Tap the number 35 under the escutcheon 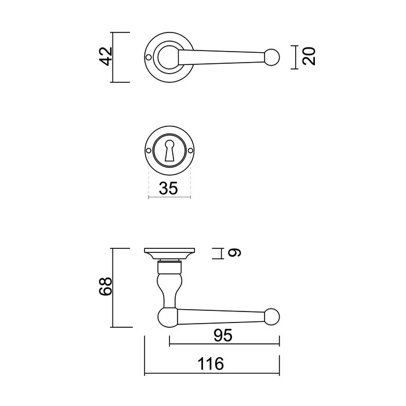[x=169, y=188]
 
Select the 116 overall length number [x=211, y=364]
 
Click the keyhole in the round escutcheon [x=169, y=151]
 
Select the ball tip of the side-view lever [x=273, y=317]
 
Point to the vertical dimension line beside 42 [x=113, y=57]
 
